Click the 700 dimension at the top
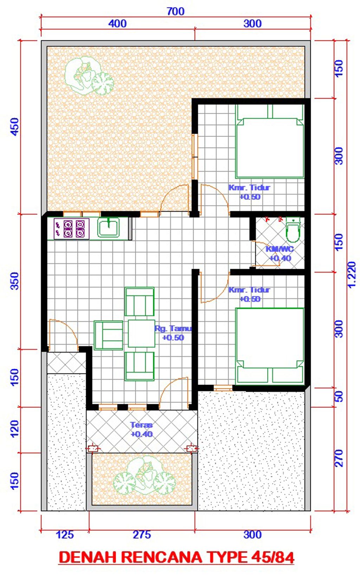pyautogui.click(x=175, y=11)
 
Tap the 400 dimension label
pyautogui.click(x=117, y=24)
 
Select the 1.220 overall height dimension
pyautogui.click(x=351, y=274)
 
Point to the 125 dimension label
pyautogui.click(x=65, y=535)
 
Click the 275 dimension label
pyautogui.click(x=142, y=535)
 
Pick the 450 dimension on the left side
pyautogui.click(x=15, y=127)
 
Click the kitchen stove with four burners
pyautogui.click(x=71, y=228)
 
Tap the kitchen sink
pyautogui.click(x=108, y=227)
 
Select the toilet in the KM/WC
pyautogui.click(x=293, y=230)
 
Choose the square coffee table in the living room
pyautogui.click(x=141, y=334)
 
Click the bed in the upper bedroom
pyautogui.click(x=270, y=141)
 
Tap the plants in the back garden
pyautogui.click(x=89, y=76)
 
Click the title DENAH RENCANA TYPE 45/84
pyautogui.click(x=176, y=558)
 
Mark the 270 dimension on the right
pyautogui.click(x=339, y=458)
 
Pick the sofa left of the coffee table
pyautogui.click(x=108, y=335)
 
